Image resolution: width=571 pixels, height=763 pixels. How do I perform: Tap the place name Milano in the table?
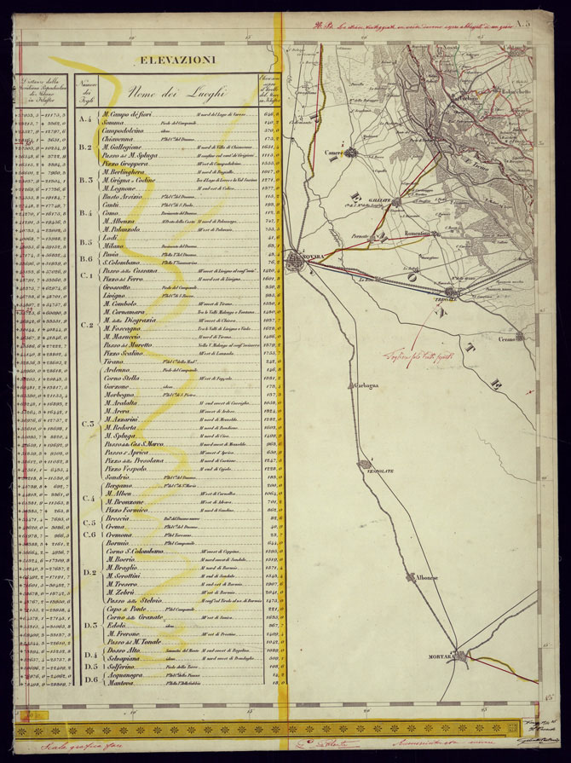(114, 244)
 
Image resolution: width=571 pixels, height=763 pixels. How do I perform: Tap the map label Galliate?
(381, 199)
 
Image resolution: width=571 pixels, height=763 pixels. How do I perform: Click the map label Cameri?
(336, 153)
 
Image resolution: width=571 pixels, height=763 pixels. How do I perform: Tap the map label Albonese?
(426, 578)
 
